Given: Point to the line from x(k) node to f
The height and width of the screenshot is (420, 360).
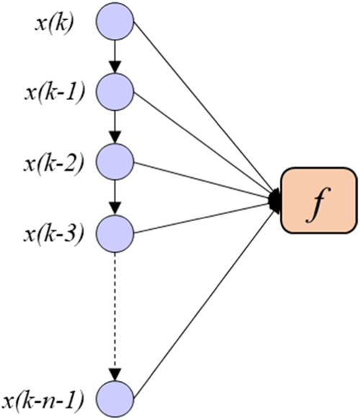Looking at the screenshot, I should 202,108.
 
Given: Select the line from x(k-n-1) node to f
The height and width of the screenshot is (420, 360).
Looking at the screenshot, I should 202,303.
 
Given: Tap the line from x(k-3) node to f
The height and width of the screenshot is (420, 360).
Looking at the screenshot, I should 202,217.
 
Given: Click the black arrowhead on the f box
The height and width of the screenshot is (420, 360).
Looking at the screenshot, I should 276,201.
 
